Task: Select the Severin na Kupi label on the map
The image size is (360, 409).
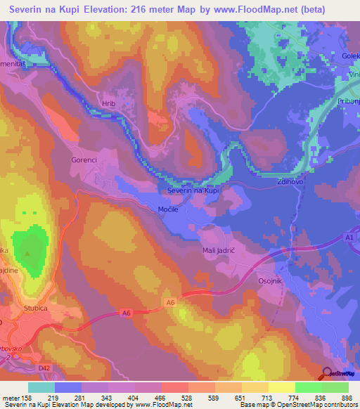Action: click(x=194, y=190)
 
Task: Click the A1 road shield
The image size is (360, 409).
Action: click(x=349, y=238)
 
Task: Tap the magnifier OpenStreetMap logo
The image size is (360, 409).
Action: click(x=326, y=372)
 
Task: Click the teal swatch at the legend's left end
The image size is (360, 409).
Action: click(x=41, y=387)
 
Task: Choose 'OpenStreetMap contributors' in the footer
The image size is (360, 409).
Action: click(x=323, y=404)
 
